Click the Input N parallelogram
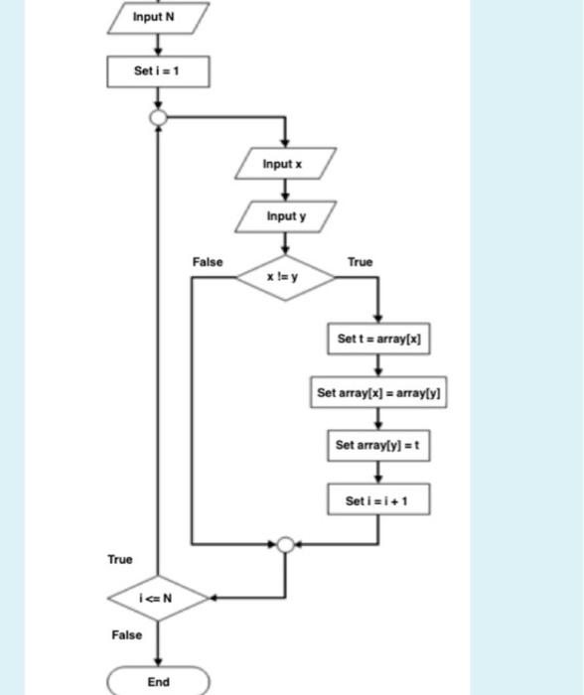point(158,18)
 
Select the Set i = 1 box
point(158,71)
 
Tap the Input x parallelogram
point(285,163)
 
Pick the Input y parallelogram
point(286,215)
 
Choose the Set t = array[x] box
point(377,338)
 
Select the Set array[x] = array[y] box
point(377,392)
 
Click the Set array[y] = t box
point(377,446)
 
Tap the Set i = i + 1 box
point(377,499)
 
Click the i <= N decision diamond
point(158,598)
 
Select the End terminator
point(158,682)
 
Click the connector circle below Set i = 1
point(158,117)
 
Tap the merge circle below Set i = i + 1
point(286,544)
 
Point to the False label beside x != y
point(208,262)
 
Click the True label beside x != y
point(360,262)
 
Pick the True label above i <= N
point(119,560)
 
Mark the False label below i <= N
point(126,634)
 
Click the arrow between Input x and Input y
point(286,190)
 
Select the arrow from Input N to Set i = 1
point(158,45)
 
